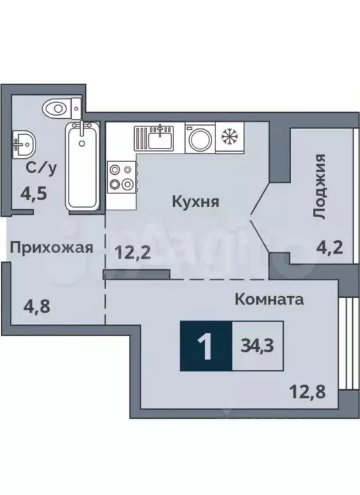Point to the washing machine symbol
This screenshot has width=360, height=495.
(199, 138)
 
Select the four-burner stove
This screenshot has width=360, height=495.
(121, 177)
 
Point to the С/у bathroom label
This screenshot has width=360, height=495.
(39, 170)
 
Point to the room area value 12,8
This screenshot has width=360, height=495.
(305, 389)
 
